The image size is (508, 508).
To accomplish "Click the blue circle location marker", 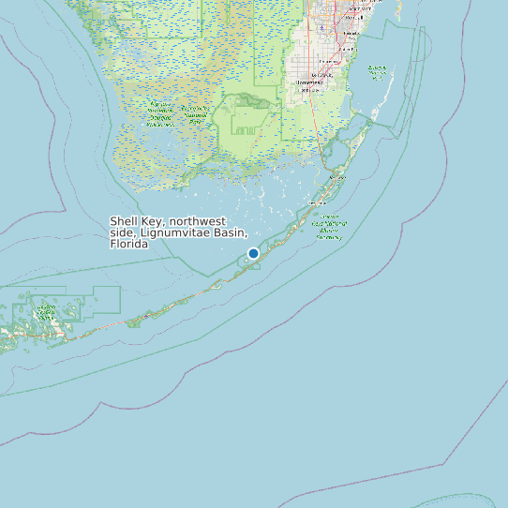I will pos(253,253).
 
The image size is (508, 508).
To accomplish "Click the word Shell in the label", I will pos(126,222).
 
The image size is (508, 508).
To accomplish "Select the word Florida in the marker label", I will pos(129,244).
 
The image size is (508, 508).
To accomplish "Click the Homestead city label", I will pos(308,82).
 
